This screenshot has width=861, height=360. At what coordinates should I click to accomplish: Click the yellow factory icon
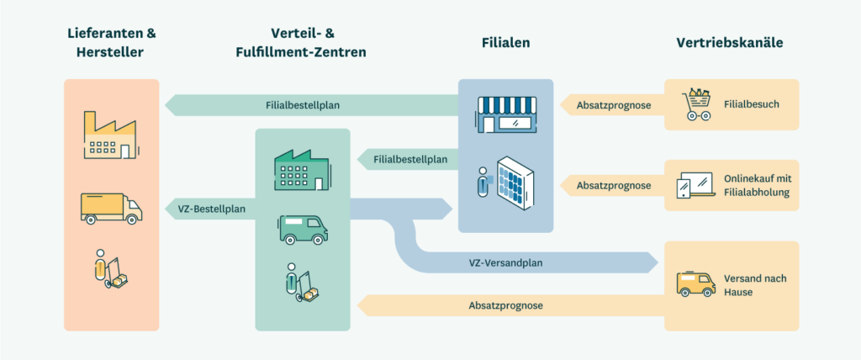coord(109,134)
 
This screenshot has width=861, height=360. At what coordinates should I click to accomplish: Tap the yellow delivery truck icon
coord(110,207)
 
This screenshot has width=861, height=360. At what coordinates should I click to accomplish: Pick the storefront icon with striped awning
coord(505,114)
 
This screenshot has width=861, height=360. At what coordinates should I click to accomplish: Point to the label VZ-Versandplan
coord(505,263)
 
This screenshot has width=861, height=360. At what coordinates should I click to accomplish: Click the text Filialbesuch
coord(752,106)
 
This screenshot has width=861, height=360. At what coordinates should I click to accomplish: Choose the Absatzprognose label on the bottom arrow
coord(505,305)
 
